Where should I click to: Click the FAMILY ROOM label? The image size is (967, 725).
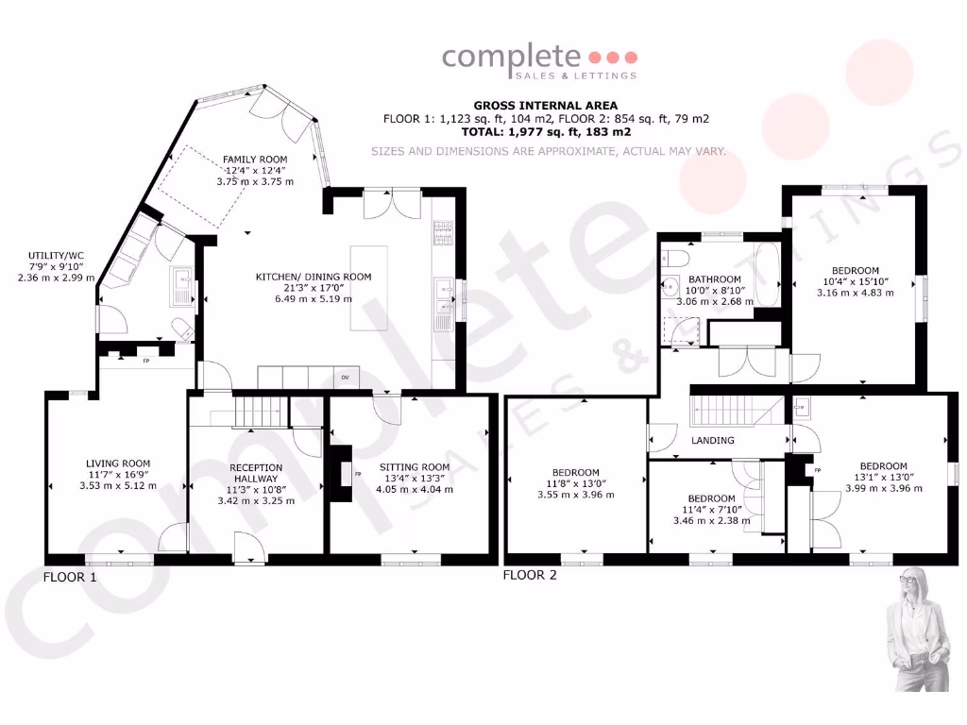coord(254,160)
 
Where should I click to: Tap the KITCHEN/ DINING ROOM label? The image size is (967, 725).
coord(314,277)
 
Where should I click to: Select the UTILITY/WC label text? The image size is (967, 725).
coord(50,256)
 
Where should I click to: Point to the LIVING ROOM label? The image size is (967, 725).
coord(118,463)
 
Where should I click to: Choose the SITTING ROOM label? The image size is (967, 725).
coord(415,466)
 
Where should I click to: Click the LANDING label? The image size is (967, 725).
coord(713,441)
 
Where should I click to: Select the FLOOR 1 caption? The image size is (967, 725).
coord(70,576)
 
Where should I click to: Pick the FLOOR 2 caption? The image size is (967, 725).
coord(529,574)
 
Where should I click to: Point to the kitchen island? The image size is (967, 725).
coord(367,288)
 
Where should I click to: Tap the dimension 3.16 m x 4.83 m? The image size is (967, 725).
coord(855,293)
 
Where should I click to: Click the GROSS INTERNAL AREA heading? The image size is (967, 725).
coord(545,105)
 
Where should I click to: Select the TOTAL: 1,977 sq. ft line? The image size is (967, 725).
coord(545,133)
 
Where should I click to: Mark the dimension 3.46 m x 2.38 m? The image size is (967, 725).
coord(710,520)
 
